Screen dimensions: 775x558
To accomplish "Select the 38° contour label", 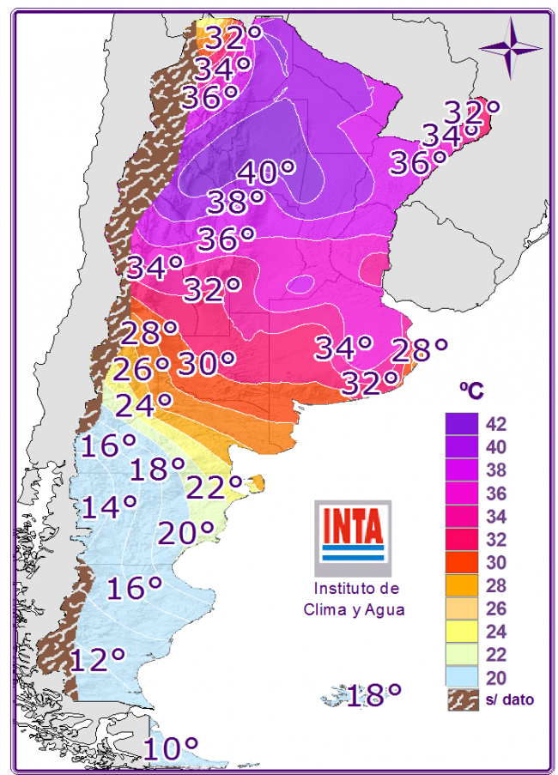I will point(235,203).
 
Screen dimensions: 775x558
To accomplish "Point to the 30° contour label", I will point(206,364).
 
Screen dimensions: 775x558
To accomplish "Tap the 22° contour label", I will point(214,487).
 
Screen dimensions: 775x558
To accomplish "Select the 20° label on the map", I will point(185,533).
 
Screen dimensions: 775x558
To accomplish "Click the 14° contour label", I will point(109,507).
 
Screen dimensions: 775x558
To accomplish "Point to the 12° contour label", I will point(99,660).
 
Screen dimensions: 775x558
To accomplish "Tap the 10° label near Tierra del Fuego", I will point(171,749).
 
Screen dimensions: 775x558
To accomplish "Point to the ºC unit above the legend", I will point(470,391).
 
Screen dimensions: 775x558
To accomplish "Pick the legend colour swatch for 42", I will point(462,424).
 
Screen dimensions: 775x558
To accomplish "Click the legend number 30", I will point(495,563).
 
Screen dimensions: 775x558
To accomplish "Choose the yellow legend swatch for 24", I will point(462,633).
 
